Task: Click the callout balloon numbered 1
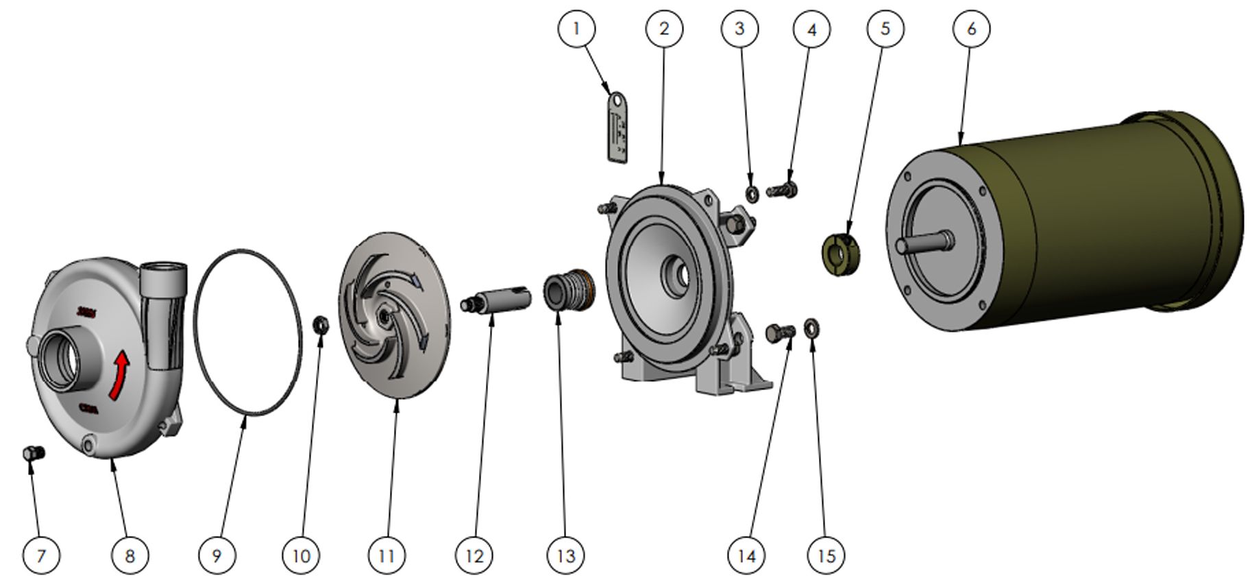(576, 29)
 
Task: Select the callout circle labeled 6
(971, 29)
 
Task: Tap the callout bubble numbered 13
(566, 555)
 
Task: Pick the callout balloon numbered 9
(217, 555)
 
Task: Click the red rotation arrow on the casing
(120, 374)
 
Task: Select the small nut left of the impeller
(319, 324)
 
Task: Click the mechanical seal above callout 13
(569, 289)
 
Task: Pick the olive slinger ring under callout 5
(841, 253)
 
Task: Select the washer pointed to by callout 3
(751, 193)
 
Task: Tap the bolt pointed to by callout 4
(783, 189)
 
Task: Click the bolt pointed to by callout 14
(780, 332)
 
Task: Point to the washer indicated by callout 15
(811, 326)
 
